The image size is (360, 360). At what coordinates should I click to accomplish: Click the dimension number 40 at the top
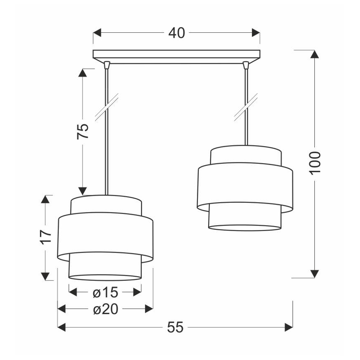(177, 33)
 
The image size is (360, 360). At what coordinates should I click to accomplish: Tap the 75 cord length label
(83, 131)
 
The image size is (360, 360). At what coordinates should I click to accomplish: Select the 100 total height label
(315, 163)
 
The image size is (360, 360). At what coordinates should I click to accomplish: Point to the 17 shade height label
(46, 237)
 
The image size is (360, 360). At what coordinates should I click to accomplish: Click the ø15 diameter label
(105, 292)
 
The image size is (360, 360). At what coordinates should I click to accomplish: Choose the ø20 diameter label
(106, 309)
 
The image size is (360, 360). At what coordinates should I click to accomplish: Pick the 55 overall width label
(175, 327)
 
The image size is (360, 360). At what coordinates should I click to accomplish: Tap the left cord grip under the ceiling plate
(107, 65)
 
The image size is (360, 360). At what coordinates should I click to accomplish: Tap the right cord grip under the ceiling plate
(246, 65)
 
